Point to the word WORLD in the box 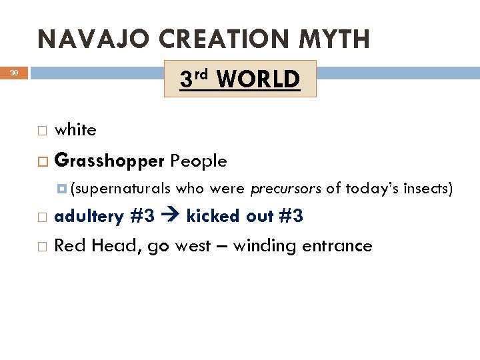258,79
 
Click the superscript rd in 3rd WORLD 203,73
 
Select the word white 75,130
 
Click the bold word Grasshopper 110,161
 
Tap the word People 199,161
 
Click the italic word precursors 286,190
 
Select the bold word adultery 89,217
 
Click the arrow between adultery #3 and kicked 172,217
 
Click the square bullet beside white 42,131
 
